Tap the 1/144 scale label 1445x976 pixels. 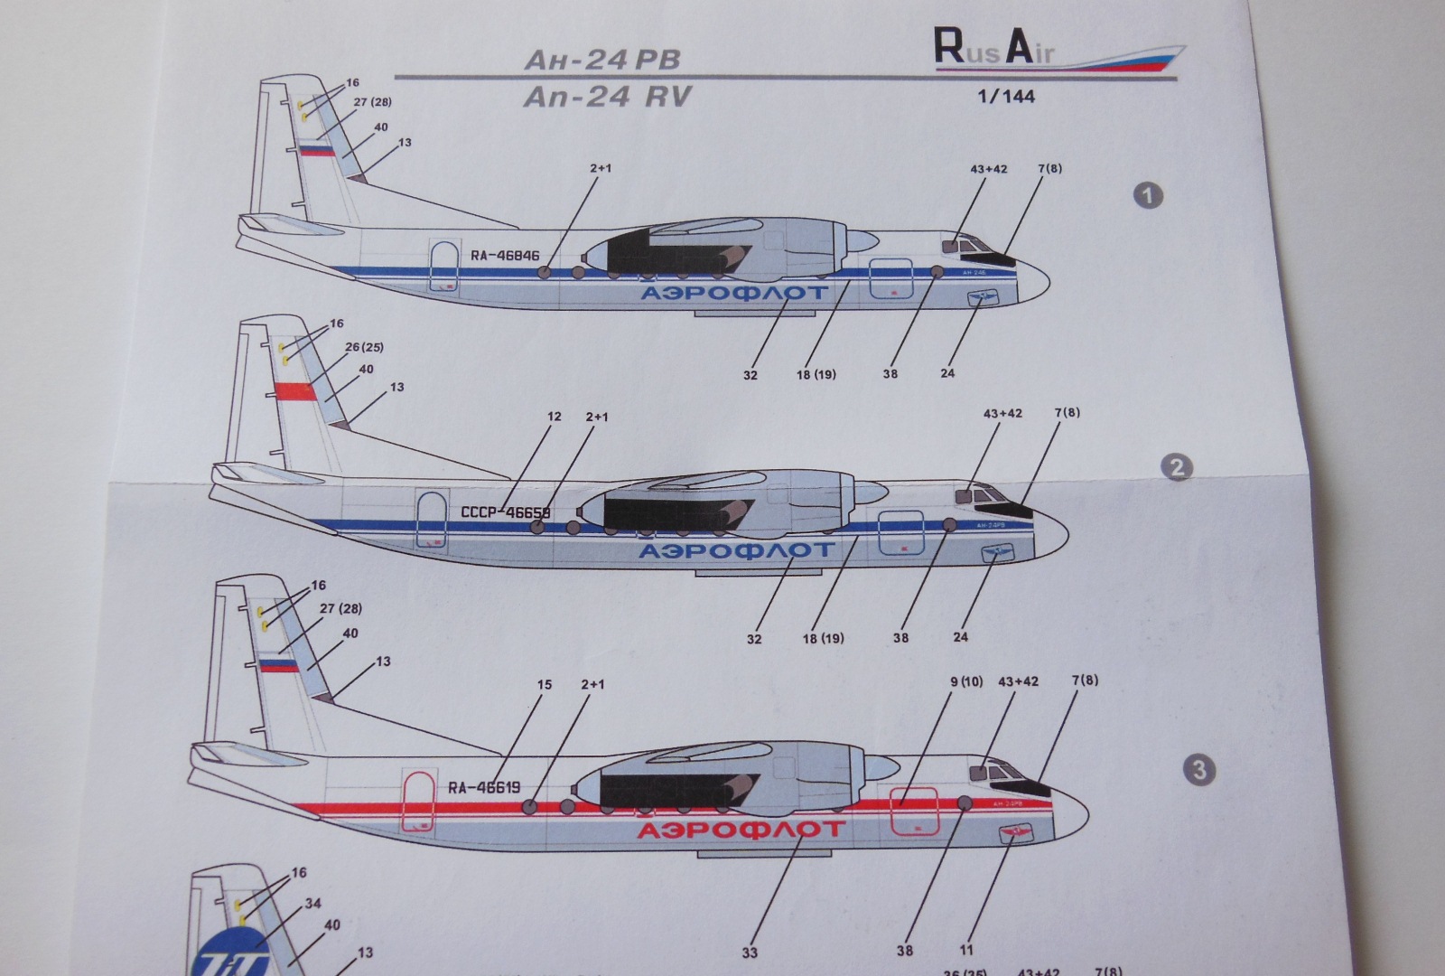click(1005, 96)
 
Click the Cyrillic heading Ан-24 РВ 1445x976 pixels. click(601, 61)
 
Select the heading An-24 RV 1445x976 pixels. click(606, 96)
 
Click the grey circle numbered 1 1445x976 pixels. click(1149, 195)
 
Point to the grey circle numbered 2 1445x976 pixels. click(1176, 467)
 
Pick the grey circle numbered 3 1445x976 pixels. click(1198, 770)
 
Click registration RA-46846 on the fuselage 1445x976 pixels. click(505, 255)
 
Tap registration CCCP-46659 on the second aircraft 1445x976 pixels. click(505, 512)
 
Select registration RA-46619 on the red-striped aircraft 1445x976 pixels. click(484, 787)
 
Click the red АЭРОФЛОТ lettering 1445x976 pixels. click(741, 829)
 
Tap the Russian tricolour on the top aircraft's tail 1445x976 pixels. click(316, 150)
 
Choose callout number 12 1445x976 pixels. click(554, 417)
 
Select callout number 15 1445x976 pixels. click(544, 684)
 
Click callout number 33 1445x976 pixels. click(750, 952)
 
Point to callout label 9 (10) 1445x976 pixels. click(965, 680)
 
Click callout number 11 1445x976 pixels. click(967, 950)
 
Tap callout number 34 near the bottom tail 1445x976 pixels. click(312, 903)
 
